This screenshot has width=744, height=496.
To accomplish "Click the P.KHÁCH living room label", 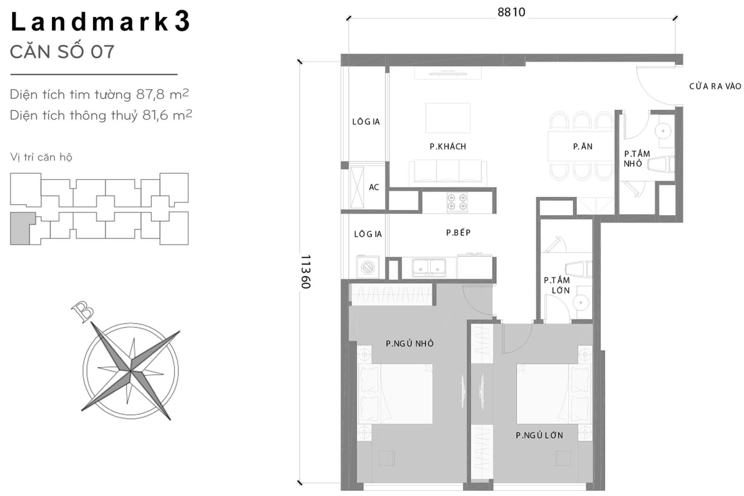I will pyautogui.click(x=448, y=146).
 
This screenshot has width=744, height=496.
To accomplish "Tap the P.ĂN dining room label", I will pyautogui.click(x=582, y=146).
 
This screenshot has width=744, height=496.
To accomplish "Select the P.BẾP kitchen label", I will pyautogui.click(x=458, y=232).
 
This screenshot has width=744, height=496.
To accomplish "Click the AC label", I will pyautogui.click(x=374, y=187).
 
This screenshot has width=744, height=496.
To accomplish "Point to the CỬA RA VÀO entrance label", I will pyautogui.click(x=715, y=86).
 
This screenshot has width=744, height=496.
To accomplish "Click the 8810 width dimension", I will pyautogui.click(x=511, y=12).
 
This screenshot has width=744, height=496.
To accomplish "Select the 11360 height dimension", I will pyautogui.click(x=306, y=271).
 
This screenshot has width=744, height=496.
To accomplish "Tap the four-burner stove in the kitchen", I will pyautogui.click(x=457, y=202).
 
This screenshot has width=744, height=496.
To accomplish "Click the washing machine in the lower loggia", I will pyautogui.click(x=368, y=267).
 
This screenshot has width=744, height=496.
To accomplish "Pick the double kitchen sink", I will pyautogui.click(x=429, y=267).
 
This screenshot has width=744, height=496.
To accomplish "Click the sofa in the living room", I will pyautogui.click(x=448, y=171).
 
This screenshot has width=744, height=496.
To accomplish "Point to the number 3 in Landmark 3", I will pyautogui.click(x=182, y=21).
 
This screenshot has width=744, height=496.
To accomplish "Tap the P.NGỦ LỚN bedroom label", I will pyautogui.click(x=539, y=435).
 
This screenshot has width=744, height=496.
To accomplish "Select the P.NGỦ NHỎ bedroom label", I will pyautogui.click(x=410, y=343).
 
